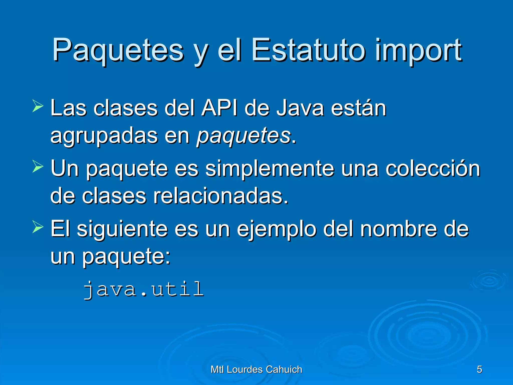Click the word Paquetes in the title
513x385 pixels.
(118, 50)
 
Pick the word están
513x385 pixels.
(359, 108)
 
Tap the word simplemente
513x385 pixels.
(269, 169)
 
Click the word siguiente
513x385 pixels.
(122, 229)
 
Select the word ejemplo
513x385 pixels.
(277, 229)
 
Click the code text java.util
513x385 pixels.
(144, 290)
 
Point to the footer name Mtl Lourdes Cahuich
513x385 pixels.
(256, 369)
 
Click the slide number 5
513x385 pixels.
(479, 369)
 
